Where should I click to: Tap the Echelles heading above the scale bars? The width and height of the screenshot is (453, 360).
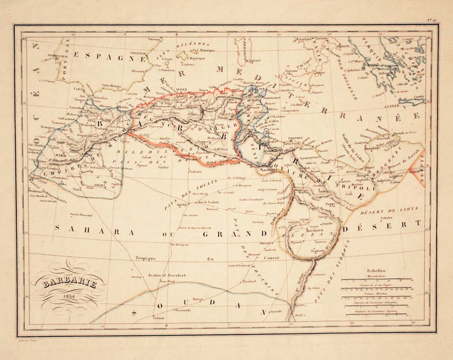pyautogui.click(x=376, y=270)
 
